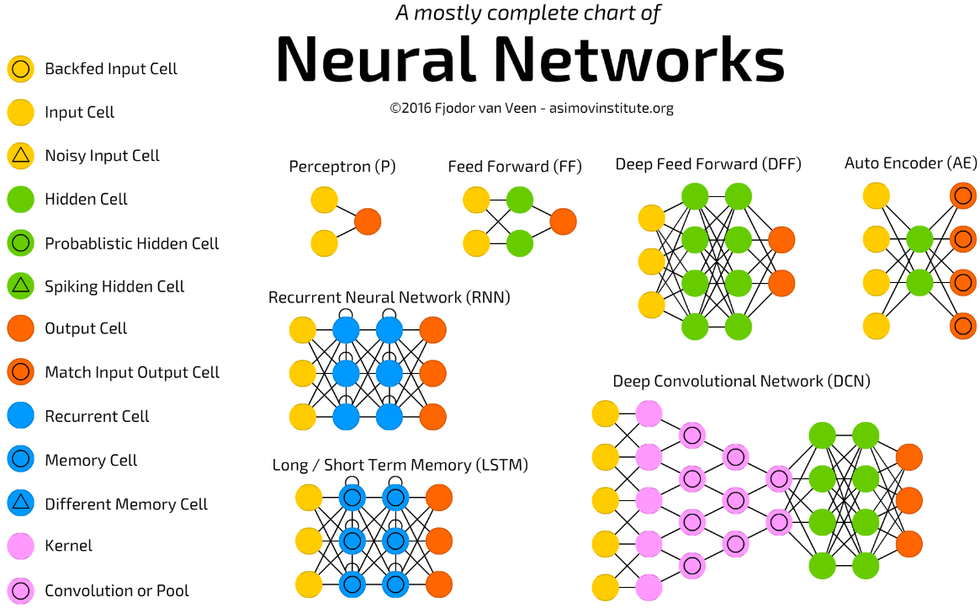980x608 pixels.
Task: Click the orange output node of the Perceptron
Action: pos(368,221)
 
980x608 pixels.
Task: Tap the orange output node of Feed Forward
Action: pos(563,221)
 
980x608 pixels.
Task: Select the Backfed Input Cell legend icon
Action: pos(21,69)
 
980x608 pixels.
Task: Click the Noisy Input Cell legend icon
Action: pos(21,156)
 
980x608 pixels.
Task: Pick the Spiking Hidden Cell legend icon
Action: pos(21,285)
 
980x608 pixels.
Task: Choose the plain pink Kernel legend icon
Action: pos(21,546)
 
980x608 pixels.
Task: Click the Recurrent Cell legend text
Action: pos(97,417)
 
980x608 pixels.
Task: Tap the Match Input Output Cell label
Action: pos(132,373)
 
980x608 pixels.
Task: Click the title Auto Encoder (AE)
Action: pos(911,163)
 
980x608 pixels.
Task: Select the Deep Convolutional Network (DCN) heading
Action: pos(741,381)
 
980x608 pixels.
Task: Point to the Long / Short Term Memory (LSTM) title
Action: pos(400,466)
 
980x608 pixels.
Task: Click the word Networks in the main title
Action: pos(640,60)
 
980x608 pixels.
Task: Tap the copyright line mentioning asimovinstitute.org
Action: pos(532,109)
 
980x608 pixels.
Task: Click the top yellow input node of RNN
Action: pos(303,330)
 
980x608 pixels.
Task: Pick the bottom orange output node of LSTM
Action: pos(439,585)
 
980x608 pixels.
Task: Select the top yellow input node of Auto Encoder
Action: pos(877,195)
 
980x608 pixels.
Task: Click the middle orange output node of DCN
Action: pos(908,501)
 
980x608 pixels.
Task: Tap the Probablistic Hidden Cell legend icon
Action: pos(21,243)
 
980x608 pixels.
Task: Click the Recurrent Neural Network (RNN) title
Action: pos(389,298)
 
